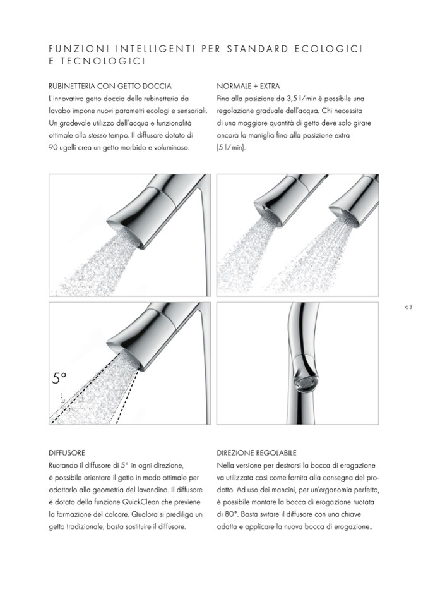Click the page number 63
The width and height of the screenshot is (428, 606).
[x=408, y=307]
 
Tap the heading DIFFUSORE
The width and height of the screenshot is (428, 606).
[x=66, y=452]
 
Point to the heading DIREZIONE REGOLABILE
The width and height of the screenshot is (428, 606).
[x=256, y=452]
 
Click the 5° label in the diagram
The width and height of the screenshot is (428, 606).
[x=59, y=379]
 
